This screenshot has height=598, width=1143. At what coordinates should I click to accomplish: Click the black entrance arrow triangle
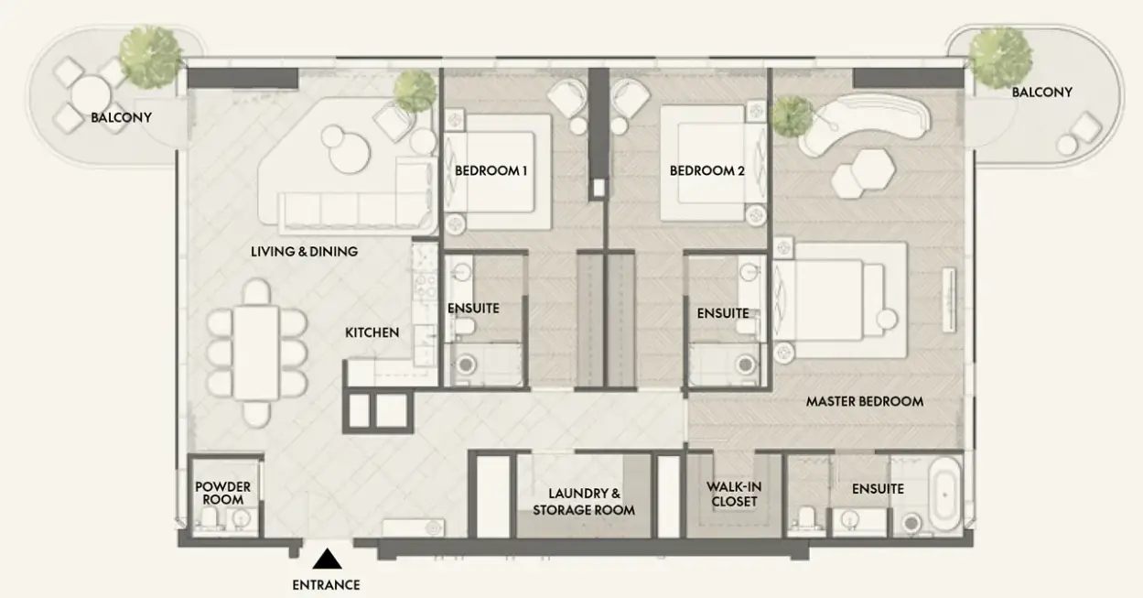pyautogui.click(x=327, y=560)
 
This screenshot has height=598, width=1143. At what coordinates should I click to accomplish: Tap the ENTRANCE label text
pyautogui.click(x=326, y=585)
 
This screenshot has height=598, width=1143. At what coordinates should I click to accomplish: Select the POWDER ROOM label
pyautogui.click(x=223, y=494)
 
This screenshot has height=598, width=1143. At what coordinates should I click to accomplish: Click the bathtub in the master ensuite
pyautogui.click(x=945, y=495)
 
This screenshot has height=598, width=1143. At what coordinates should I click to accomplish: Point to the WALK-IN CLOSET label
pyautogui.click(x=734, y=495)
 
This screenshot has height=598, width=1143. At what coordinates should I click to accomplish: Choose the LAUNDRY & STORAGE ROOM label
pyautogui.click(x=584, y=502)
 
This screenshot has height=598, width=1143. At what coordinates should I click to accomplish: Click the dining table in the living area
pyautogui.click(x=256, y=353)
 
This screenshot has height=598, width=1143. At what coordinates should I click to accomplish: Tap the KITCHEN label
pyautogui.click(x=372, y=332)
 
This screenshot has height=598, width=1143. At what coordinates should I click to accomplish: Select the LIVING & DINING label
pyautogui.click(x=304, y=251)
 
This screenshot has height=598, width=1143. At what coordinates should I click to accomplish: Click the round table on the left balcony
pyautogui.click(x=91, y=95)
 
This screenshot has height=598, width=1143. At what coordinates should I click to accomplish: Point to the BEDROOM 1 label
pyautogui.click(x=491, y=170)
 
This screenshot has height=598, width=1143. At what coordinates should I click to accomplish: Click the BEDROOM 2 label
pyautogui.click(x=707, y=170)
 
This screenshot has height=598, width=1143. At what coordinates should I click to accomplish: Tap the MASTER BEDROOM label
pyautogui.click(x=865, y=401)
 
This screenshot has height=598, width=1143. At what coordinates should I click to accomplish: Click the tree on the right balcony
pyautogui.click(x=1000, y=57)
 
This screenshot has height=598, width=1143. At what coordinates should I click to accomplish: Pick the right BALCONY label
pyautogui.click(x=1042, y=92)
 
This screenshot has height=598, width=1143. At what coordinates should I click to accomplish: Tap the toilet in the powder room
pyautogui.click(x=210, y=519)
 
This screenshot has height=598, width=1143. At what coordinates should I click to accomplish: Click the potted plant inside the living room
pyautogui.click(x=415, y=91)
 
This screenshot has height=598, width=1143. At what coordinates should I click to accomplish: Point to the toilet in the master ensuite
pyautogui.click(x=807, y=519)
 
